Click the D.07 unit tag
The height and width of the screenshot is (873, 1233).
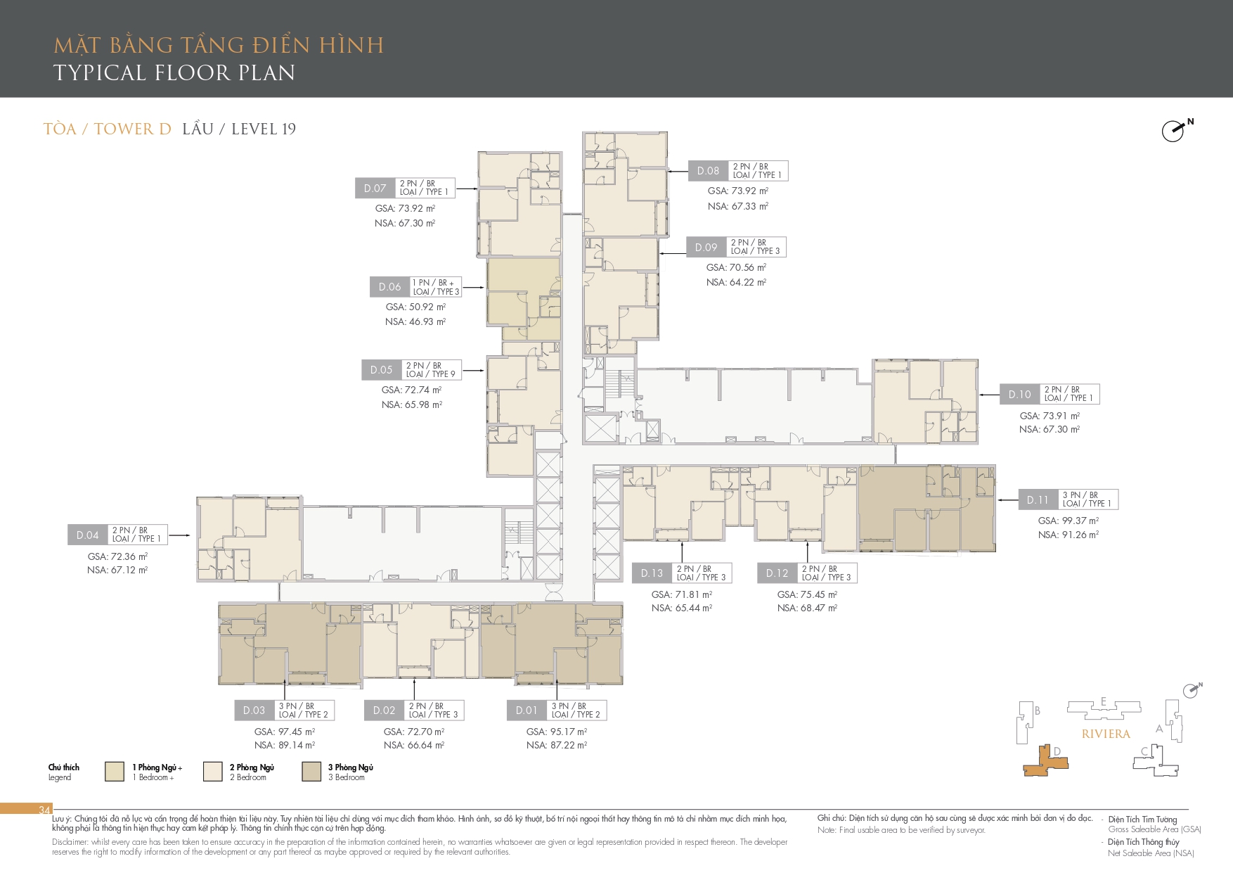375,188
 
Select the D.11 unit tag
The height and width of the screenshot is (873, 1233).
1038,499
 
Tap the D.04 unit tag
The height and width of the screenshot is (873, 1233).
88,535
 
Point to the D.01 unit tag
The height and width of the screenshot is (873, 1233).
527,710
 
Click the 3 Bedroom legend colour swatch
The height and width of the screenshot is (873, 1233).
311,771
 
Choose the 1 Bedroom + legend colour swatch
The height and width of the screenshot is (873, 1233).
115,771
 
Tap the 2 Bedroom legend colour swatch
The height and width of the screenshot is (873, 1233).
213,771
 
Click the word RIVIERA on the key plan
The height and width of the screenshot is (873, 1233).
1106,734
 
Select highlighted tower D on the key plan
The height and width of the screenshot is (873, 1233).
1047,762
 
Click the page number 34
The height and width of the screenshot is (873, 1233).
44,810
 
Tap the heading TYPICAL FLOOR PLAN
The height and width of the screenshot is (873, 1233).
174,72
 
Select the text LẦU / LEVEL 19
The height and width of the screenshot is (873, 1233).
239,129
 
